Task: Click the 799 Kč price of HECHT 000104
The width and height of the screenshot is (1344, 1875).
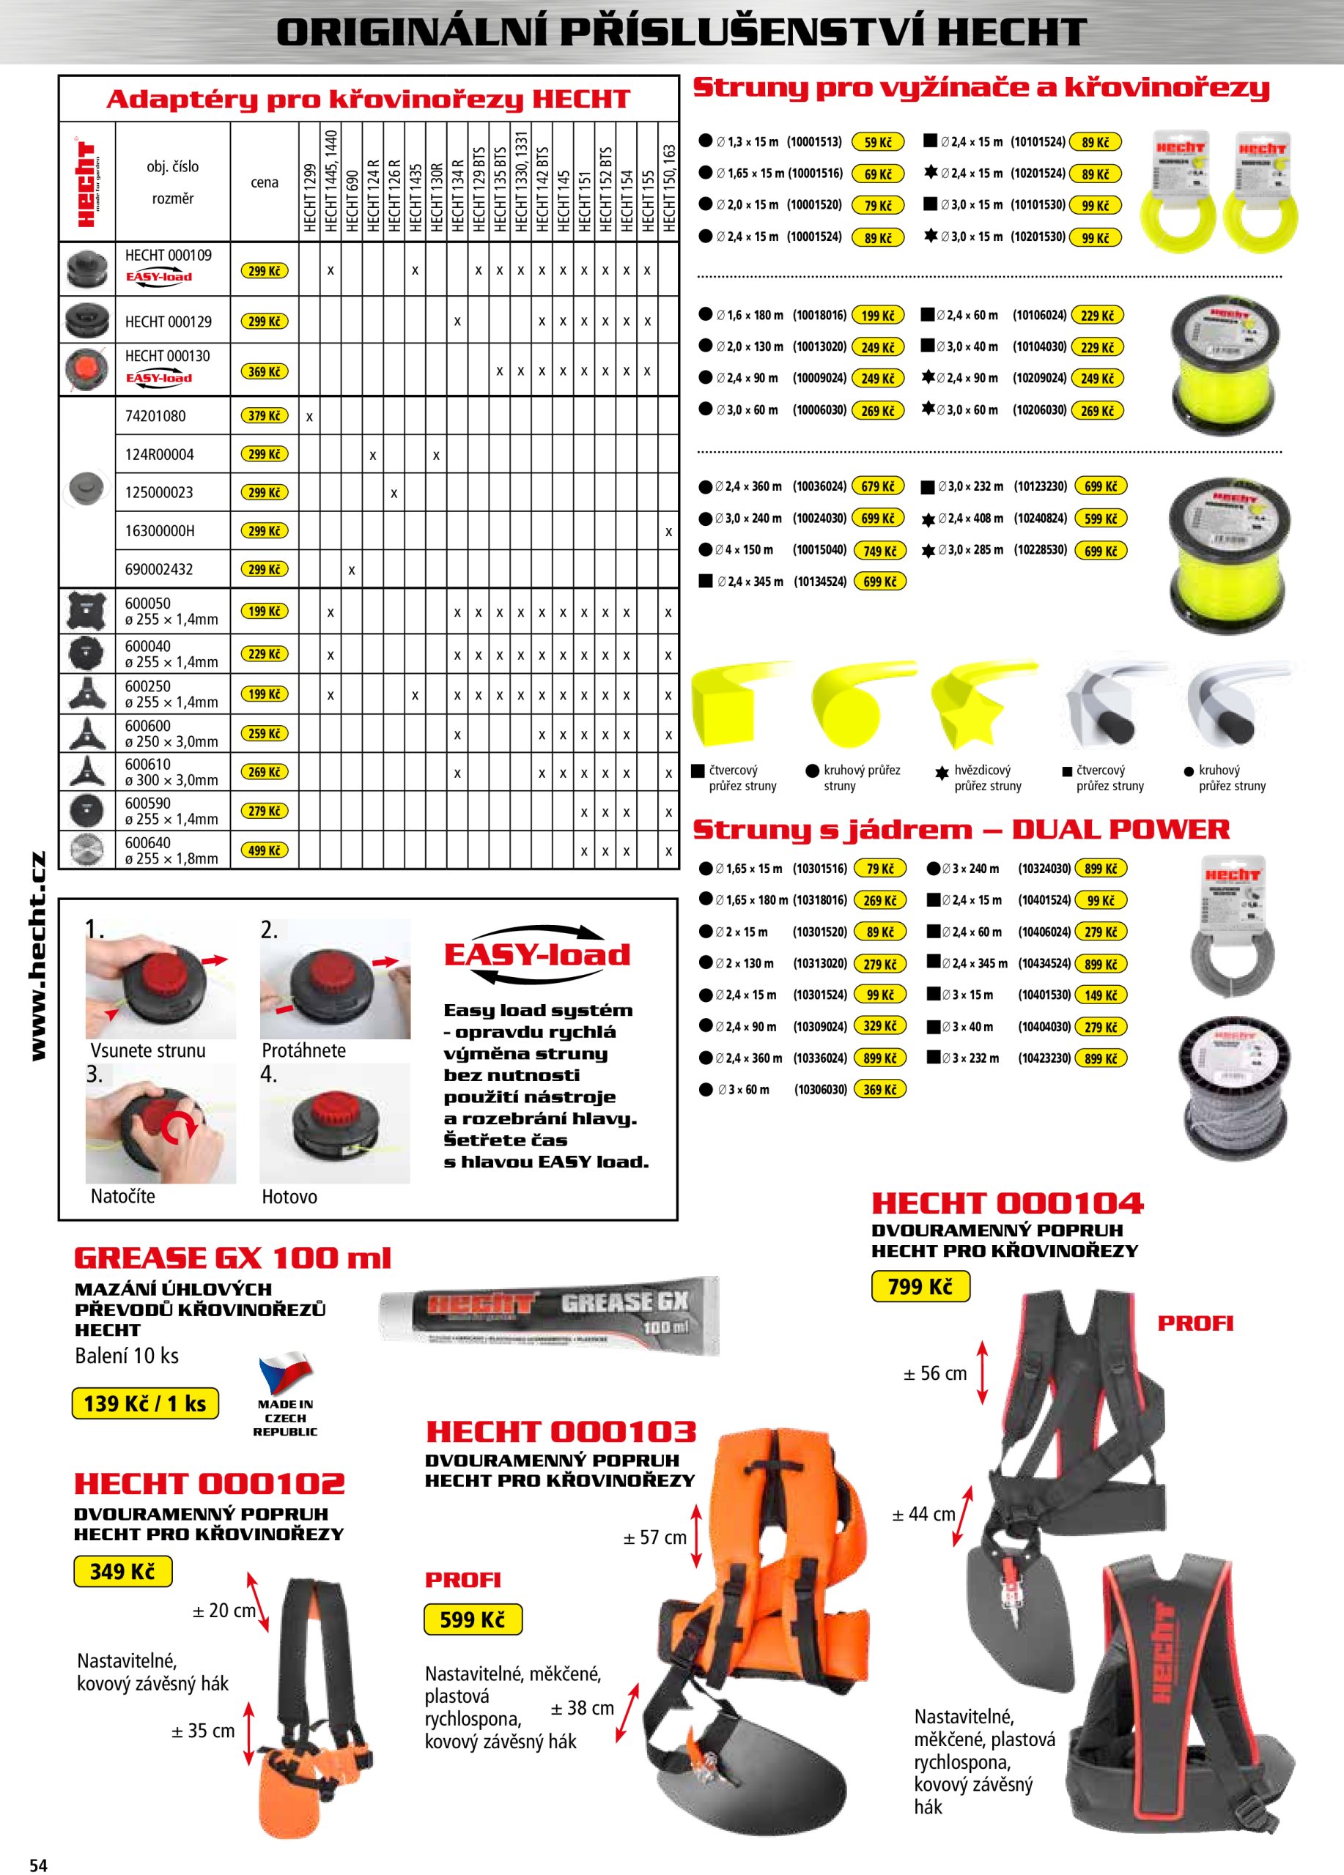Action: [920, 1286]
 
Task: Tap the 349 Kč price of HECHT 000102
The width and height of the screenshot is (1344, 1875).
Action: [122, 1571]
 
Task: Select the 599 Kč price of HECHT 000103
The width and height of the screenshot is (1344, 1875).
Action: [472, 1619]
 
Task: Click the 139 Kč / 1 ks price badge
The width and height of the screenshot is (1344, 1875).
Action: [145, 1403]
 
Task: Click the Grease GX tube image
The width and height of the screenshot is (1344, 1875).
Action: [548, 1315]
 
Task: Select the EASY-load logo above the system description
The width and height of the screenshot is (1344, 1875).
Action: [536, 955]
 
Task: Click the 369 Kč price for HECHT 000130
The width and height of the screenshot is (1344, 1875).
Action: [264, 372]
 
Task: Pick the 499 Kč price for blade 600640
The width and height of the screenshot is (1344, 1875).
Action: [264, 850]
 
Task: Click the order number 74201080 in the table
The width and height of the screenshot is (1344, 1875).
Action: [155, 416]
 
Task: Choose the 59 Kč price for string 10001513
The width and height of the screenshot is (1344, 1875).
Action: [877, 142]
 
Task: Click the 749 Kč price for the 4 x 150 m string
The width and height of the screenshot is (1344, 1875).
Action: [879, 551]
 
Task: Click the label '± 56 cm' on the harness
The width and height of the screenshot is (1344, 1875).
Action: [934, 1373]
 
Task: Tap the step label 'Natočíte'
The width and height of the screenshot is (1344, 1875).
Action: [122, 1195]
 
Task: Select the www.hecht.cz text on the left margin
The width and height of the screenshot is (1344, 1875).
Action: [38, 955]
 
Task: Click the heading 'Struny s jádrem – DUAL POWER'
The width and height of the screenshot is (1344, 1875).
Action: [961, 829]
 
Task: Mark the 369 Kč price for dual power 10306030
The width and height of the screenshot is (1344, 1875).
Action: [879, 1090]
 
